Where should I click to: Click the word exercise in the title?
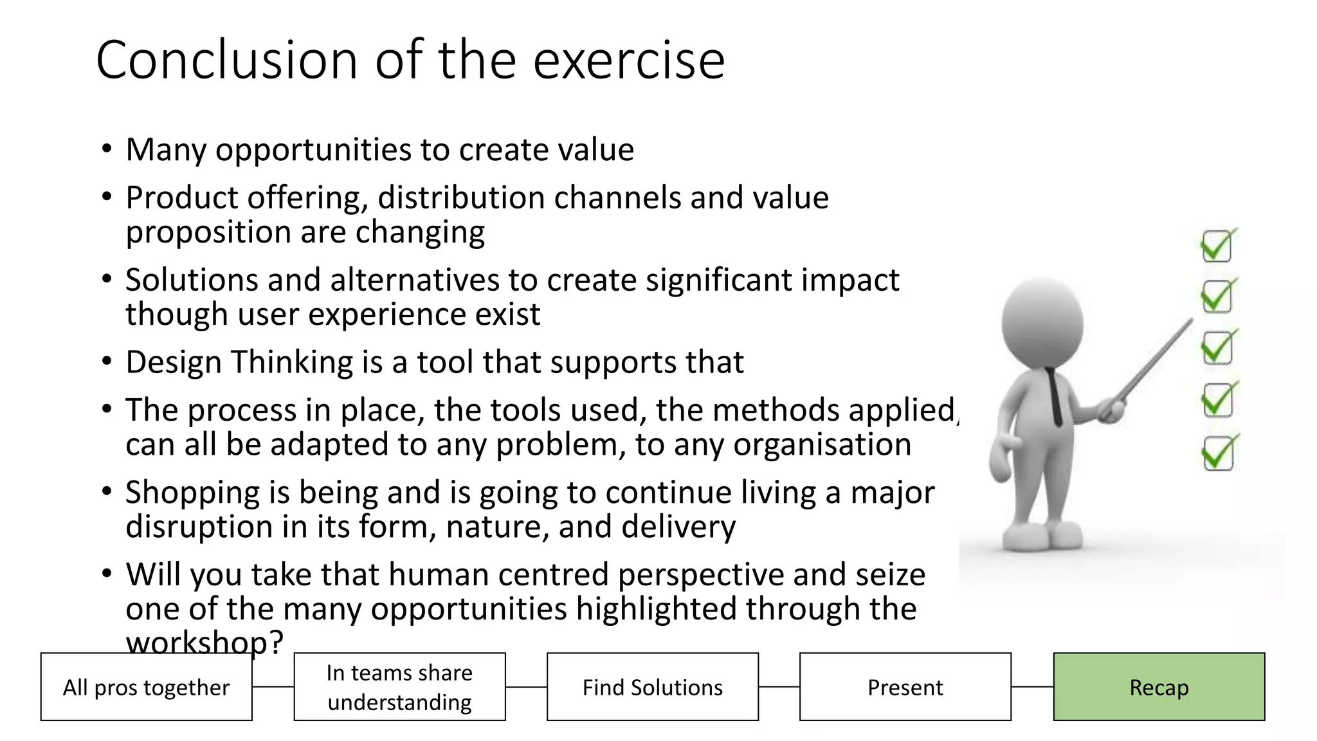point(629,60)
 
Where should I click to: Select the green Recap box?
point(1159,687)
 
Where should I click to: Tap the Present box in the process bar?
point(905,687)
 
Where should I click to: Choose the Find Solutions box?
point(652,687)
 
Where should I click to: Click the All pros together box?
point(146,687)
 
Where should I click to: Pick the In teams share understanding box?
point(399,687)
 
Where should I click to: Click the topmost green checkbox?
point(1217,246)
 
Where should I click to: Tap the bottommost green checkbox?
point(1217,453)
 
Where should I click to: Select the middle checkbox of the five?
point(1217,348)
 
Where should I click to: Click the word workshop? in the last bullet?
point(204,643)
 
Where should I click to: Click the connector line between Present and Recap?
point(1032,687)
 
